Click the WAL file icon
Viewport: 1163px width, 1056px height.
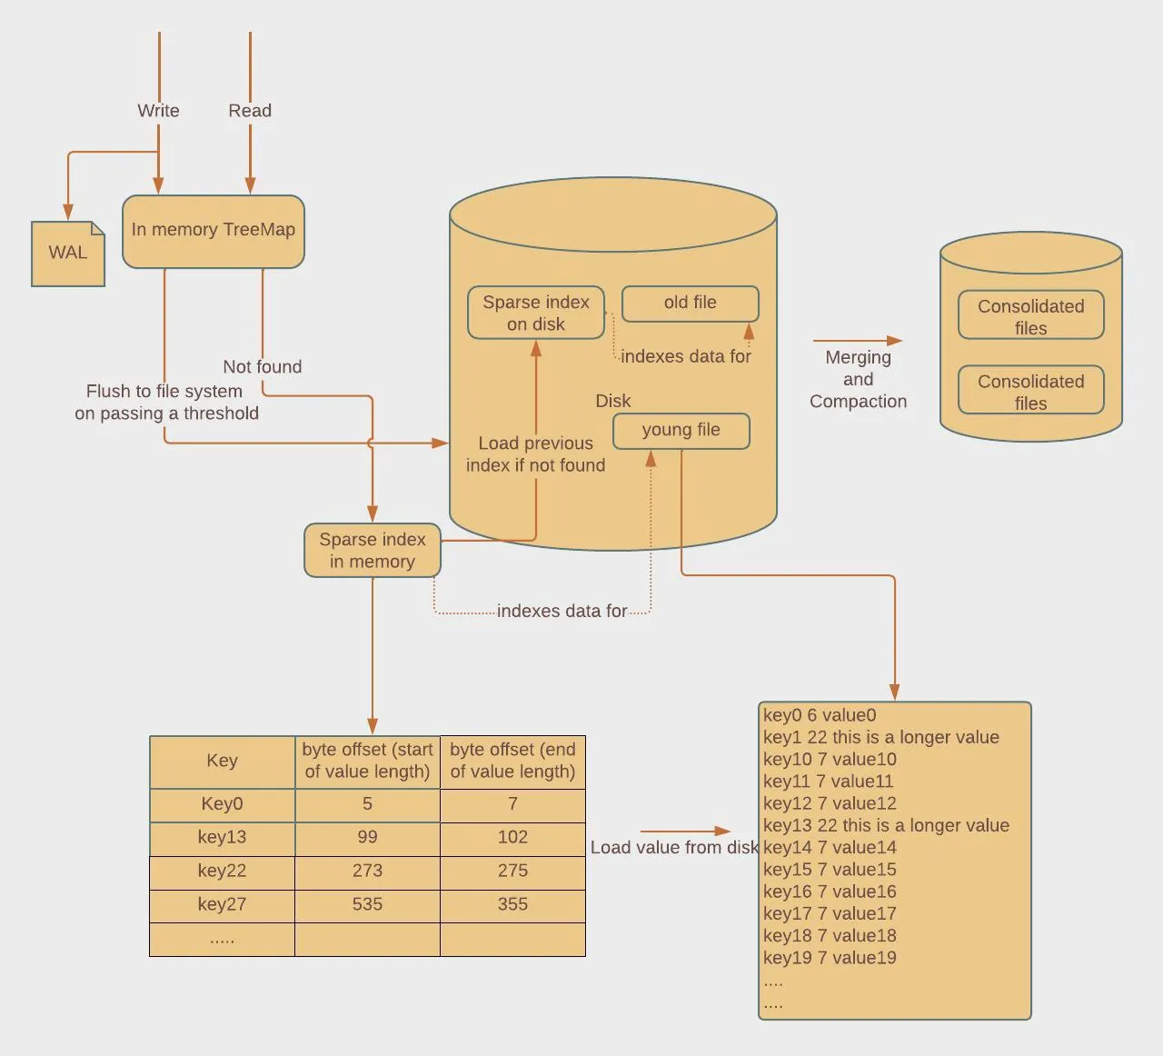pos(68,254)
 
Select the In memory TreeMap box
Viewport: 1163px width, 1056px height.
pos(213,231)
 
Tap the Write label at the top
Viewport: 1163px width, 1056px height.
pos(158,111)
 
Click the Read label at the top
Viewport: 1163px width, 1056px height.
pos(250,111)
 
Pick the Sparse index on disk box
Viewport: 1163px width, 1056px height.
pos(535,313)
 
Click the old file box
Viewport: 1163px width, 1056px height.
pos(690,303)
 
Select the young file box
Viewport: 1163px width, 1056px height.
pos(681,430)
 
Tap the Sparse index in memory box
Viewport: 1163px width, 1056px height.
pos(372,550)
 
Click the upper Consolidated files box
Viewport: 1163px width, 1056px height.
pos(1030,315)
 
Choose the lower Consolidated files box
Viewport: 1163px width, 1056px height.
pos(1030,391)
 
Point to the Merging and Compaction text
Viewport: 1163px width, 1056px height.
pos(858,379)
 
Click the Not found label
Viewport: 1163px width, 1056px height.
pos(262,366)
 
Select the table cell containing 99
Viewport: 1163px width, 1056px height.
pos(367,837)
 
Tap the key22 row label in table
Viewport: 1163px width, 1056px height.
pos(222,871)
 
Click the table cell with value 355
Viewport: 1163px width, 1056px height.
pos(512,904)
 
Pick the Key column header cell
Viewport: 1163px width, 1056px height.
pos(222,761)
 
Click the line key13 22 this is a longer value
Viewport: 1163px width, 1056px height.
pos(886,825)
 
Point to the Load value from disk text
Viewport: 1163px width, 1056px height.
pos(673,847)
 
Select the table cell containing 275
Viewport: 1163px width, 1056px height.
pos(512,871)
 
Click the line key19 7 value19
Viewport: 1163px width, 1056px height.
pos(830,957)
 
